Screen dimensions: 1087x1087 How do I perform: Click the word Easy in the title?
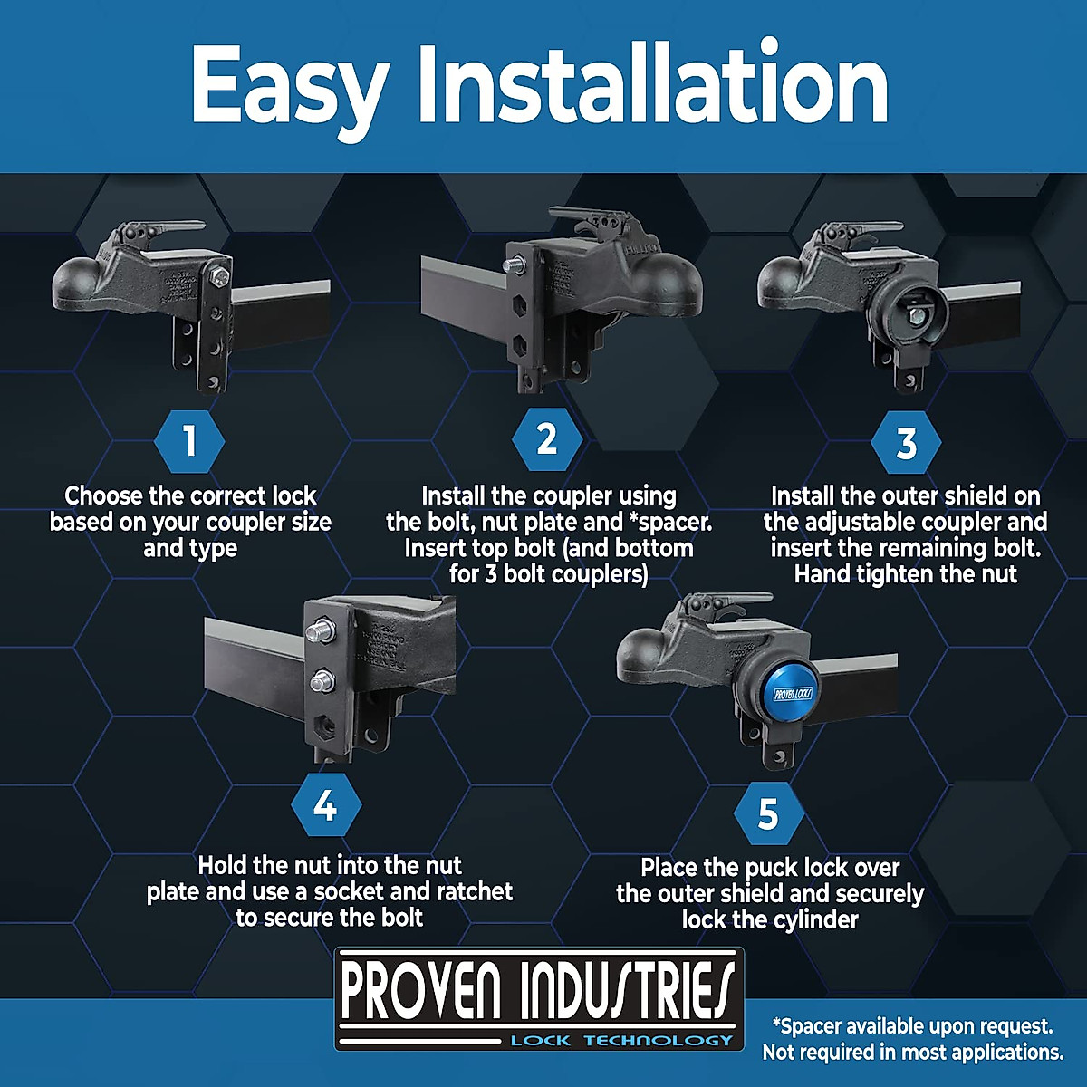pos(288,86)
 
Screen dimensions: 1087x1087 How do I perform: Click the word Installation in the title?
pos(652,86)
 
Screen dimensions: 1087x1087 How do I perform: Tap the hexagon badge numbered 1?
pos(189,442)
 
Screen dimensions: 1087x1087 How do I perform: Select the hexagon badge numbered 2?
pos(546,439)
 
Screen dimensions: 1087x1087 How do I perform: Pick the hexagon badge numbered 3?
pos(906,443)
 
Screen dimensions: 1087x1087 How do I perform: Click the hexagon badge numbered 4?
pos(326,804)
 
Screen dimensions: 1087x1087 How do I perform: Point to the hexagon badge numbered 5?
pos(768,813)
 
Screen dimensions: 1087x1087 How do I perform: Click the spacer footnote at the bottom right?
pos(912,1039)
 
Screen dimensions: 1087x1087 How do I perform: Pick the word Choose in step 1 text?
pos(102,496)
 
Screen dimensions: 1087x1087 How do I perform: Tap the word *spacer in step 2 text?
pos(669,522)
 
